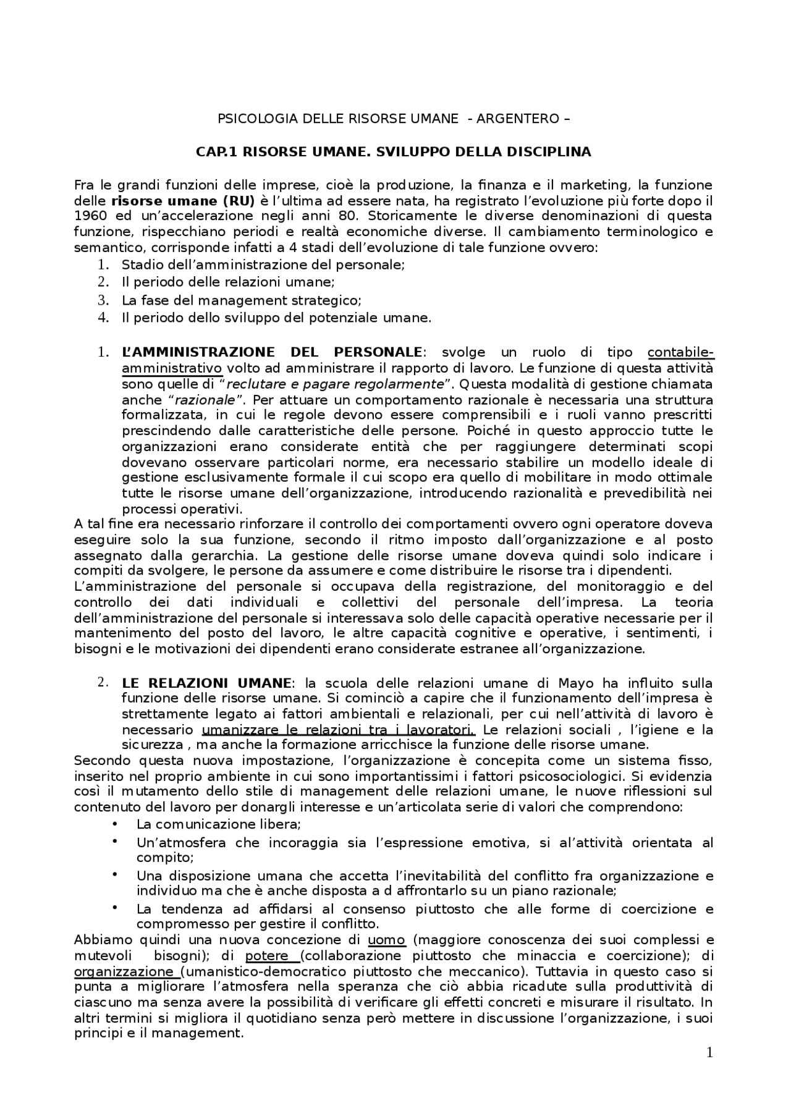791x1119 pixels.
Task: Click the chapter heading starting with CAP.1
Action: coord(394,151)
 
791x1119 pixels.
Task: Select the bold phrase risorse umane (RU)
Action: coord(183,200)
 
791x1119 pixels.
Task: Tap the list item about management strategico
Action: coord(241,300)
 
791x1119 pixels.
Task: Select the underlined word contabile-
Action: coord(680,352)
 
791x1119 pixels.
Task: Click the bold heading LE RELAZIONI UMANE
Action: coord(206,683)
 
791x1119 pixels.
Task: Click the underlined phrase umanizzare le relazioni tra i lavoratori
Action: coord(338,730)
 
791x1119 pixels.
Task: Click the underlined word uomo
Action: coord(387,940)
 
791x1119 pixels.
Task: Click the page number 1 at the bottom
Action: coord(709,1052)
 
